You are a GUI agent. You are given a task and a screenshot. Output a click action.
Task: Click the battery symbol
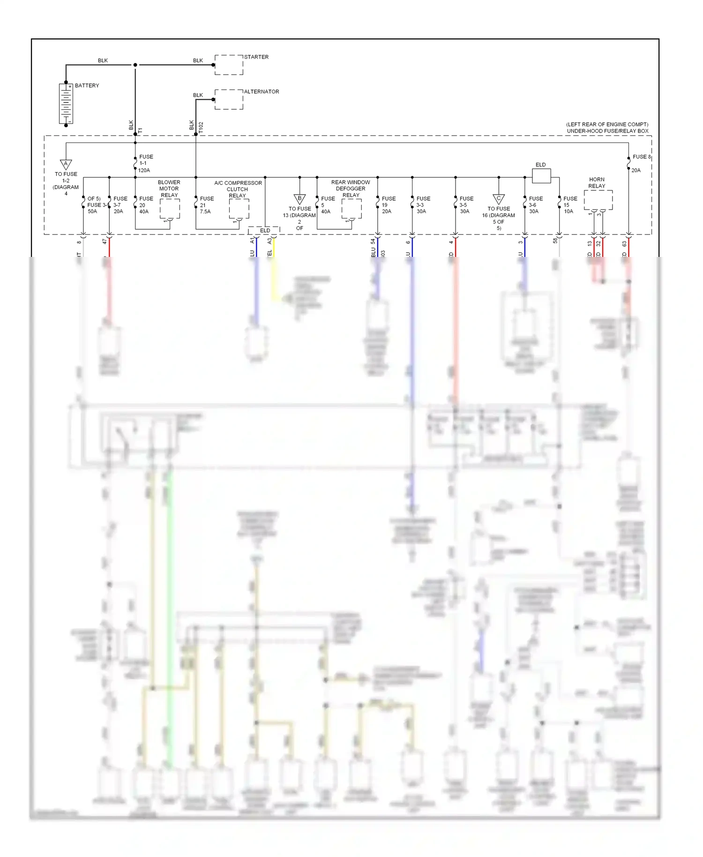tap(66, 104)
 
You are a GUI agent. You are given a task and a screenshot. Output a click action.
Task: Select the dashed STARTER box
tap(229, 65)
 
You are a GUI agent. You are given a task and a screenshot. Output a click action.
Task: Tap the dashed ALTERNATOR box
tap(229, 99)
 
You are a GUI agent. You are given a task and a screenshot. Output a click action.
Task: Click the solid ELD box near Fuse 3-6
tap(541, 176)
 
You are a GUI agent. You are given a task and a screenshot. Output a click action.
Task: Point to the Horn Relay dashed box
tap(598, 200)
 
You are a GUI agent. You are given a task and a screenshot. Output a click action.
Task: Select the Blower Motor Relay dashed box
tap(170, 209)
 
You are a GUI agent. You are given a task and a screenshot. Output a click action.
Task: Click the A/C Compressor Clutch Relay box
tap(239, 209)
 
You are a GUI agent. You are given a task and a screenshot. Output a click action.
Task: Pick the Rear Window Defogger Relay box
tap(351, 209)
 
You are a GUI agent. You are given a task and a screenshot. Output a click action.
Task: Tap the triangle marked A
tap(66, 164)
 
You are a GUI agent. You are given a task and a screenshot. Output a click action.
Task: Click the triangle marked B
tap(299, 199)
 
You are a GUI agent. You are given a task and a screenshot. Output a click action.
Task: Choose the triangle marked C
tap(499, 199)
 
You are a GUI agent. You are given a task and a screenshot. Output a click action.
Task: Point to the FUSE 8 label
tap(641, 157)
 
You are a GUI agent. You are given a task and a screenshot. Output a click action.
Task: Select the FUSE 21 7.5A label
tap(206, 205)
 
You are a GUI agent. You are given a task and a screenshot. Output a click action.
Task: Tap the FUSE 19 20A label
tap(388, 205)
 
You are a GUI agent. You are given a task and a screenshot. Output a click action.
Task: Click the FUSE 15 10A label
tap(570, 205)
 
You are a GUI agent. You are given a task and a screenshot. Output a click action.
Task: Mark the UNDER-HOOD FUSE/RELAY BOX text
tap(607, 131)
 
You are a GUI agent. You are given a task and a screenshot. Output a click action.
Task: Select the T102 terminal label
tap(201, 128)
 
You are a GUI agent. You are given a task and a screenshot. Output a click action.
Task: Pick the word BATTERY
tap(87, 86)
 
